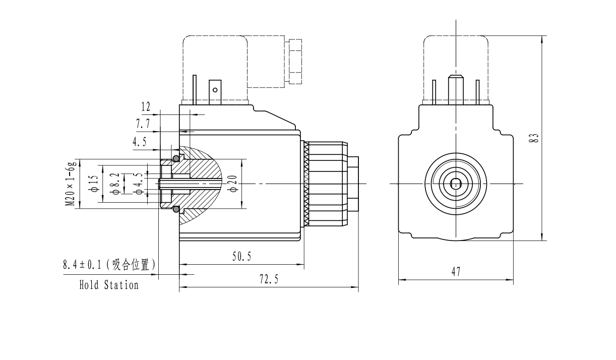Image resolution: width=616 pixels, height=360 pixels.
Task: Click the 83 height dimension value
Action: click(x=536, y=137)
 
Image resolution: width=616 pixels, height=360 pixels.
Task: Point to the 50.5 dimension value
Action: click(x=241, y=257)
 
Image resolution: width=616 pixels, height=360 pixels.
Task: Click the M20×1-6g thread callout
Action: click(x=71, y=184)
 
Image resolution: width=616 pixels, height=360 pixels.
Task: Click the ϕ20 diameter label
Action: click(x=233, y=184)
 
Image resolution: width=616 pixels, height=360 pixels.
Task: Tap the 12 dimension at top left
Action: click(x=146, y=106)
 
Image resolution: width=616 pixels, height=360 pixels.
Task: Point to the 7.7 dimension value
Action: click(x=142, y=124)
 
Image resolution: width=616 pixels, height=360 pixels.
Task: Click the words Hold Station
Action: click(x=108, y=285)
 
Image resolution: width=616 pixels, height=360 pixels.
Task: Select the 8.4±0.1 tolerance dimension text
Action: click(x=108, y=264)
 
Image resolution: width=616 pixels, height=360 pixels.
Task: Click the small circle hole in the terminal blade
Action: click(x=215, y=90)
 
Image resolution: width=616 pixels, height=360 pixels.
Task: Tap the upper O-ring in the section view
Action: click(x=176, y=159)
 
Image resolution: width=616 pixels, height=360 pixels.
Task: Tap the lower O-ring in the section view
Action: click(x=176, y=209)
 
